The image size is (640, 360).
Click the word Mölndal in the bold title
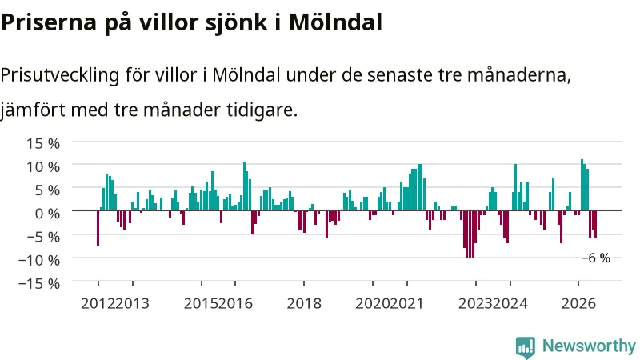click(335, 22)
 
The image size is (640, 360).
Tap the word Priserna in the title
click(49, 22)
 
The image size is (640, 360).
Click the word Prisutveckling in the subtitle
click(60, 75)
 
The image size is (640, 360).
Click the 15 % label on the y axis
click(43, 144)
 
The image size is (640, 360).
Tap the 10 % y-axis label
click(43, 167)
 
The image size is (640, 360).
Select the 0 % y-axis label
click(47, 214)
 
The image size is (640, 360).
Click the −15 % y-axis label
click(39, 283)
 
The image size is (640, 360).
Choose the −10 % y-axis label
click(39, 260)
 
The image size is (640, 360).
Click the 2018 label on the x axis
click(304, 304)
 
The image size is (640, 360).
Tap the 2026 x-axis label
click(578, 304)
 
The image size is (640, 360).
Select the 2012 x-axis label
click(98, 304)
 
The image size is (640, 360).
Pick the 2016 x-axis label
click(235, 304)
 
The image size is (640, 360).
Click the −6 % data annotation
click(596, 258)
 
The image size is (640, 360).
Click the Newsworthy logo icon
click(526, 347)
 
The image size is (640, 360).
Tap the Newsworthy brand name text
click(589, 346)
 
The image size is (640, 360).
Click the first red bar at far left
click(98, 228)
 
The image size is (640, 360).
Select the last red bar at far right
click(595, 225)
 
